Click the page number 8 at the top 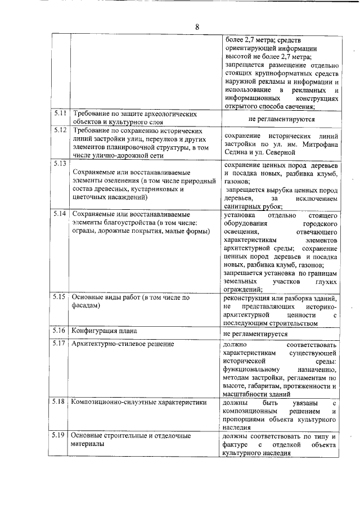197,27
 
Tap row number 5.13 60,164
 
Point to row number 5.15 60,296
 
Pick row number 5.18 60,402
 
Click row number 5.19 60,435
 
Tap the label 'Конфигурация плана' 104,331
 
